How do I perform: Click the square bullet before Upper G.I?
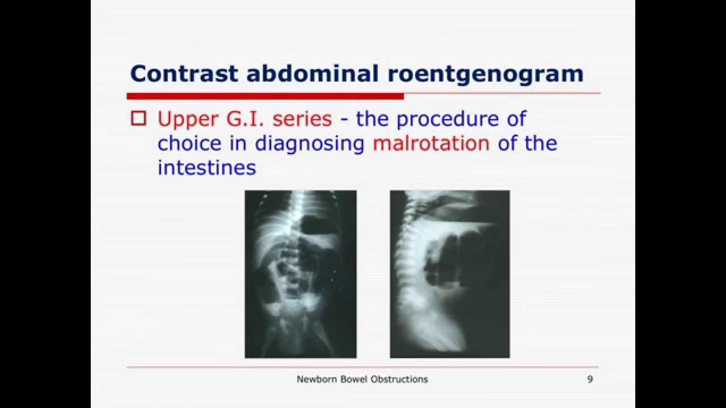[x=138, y=118]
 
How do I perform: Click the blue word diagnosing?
[x=309, y=143]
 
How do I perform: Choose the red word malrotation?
[x=431, y=143]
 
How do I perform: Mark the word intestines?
[x=206, y=168]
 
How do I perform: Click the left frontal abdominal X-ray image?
[x=301, y=274]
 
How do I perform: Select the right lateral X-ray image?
[x=450, y=274]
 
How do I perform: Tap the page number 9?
[x=590, y=379]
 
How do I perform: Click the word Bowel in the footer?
[x=352, y=379]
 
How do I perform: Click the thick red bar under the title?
[x=265, y=96]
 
